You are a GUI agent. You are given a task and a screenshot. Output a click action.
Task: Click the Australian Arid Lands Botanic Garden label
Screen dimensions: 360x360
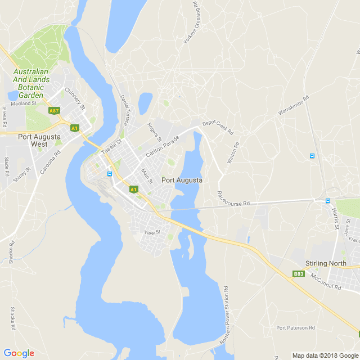31,83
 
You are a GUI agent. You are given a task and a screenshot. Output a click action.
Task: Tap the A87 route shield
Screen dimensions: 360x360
54,111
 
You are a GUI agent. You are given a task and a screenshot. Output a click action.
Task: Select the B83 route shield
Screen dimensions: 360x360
298,274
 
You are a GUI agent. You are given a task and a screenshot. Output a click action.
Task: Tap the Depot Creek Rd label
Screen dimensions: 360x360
218,127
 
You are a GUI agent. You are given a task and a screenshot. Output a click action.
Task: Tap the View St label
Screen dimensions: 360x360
152,232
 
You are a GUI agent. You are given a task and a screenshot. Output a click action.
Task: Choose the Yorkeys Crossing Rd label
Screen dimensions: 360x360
192,24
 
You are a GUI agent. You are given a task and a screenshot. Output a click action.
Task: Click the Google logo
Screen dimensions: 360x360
19,353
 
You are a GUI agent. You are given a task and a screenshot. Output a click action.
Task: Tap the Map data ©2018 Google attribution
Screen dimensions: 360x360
325,355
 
